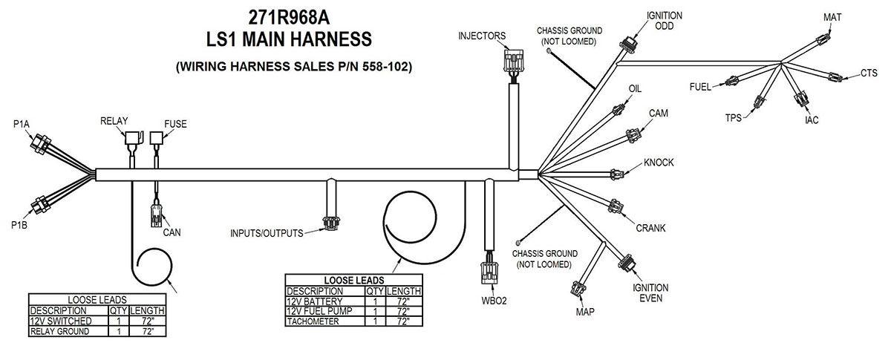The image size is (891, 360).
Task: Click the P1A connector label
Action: (21, 124)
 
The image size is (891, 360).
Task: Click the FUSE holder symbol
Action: (157, 138)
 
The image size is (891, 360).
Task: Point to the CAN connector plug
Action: (156, 215)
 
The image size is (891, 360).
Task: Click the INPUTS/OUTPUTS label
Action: (267, 234)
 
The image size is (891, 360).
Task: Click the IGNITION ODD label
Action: (664, 20)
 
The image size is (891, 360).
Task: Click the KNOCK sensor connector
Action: (618, 174)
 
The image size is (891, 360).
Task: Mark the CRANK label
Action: (650, 228)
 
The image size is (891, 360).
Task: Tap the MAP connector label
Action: (585, 311)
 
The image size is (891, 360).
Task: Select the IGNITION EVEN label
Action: (650, 292)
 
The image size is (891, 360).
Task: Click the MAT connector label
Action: (833, 16)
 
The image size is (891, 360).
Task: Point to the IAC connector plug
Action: (802, 100)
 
